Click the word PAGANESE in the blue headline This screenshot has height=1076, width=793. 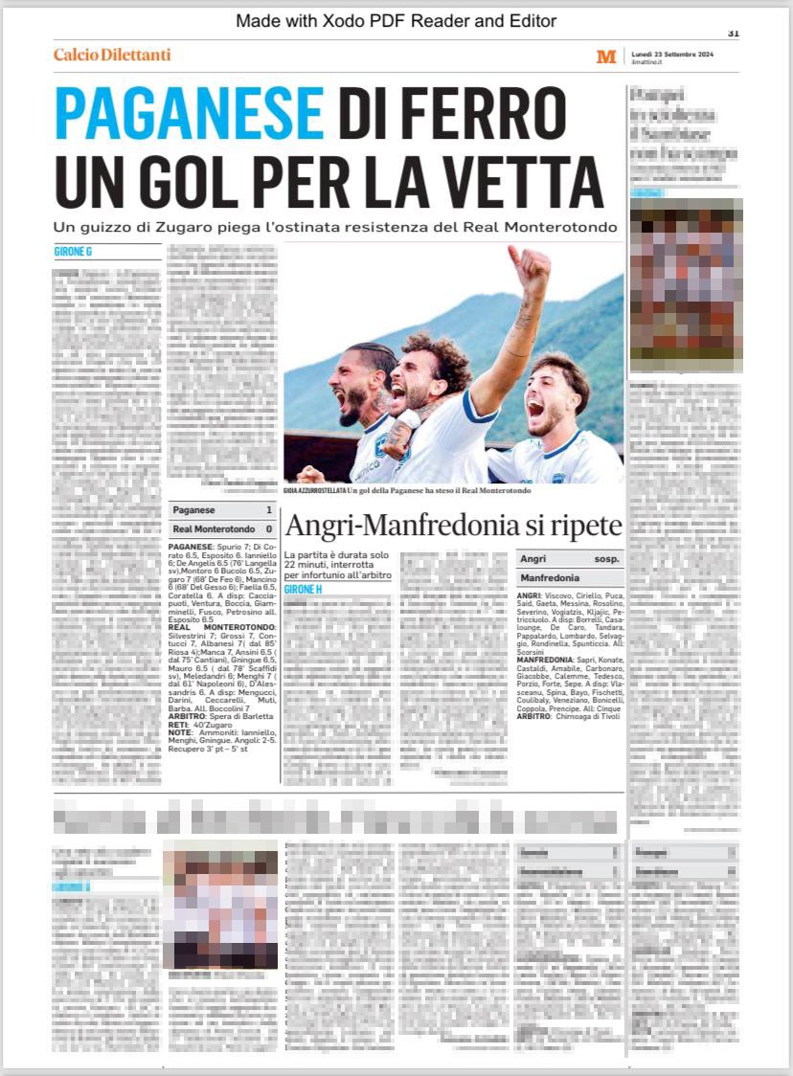[190, 113]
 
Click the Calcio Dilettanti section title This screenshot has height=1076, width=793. [112, 56]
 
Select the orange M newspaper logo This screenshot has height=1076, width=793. [606, 56]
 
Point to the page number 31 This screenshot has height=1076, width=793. [734, 33]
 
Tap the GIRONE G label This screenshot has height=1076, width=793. [73, 252]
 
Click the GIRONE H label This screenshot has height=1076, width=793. [303, 589]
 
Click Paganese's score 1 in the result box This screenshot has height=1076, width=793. [269, 510]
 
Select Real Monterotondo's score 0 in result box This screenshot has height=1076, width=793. [269, 528]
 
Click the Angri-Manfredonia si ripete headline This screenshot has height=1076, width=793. [454, 526]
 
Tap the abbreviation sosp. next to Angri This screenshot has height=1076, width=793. [606, 558]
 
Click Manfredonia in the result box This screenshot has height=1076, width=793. [549, 578]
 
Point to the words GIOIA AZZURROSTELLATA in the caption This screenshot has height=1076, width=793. [314, 490]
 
